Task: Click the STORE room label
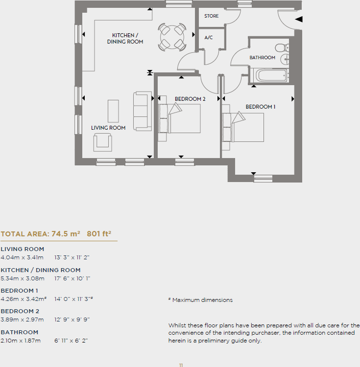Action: coord(212,16)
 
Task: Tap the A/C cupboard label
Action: coord(209,38)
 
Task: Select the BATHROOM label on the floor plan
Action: coord(263,58)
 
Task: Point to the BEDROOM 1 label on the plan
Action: coord(261,107)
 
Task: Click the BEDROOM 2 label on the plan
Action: coord(190,99)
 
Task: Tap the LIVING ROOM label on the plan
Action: coord(108,128)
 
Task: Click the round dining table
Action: coord(172,37)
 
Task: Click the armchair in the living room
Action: coord(103,141)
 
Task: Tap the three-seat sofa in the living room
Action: coord(142,111)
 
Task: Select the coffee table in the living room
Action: coord(113,111)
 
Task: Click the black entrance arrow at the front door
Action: coord(299,20)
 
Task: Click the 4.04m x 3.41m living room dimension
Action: coord(22,257)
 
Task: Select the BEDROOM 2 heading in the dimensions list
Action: coord(20,311)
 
